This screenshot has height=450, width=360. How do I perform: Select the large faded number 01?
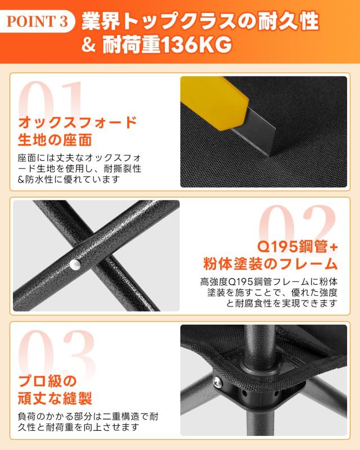point(53,101)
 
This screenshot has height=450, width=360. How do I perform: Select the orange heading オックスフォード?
point(78,122)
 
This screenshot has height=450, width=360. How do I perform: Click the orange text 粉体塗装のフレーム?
point(270,264)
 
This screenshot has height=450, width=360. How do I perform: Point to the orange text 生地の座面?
point(55,139)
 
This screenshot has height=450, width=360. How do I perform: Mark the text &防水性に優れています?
point(69,179)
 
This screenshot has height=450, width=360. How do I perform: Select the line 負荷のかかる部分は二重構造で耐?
point(90,418)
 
